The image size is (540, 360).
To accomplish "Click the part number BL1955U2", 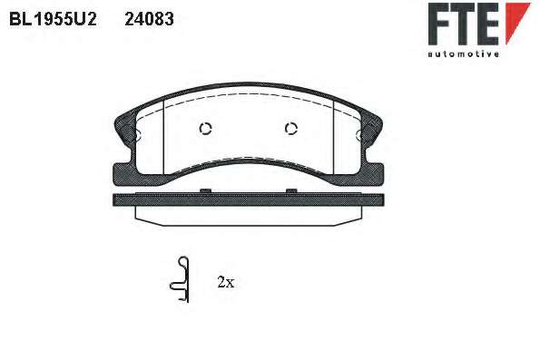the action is (x=53, y=19).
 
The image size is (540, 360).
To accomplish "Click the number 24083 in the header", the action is (x=149, y=19).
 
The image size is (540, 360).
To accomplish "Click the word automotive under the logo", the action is (x=463, y=54).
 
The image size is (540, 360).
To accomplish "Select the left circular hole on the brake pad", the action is (x=205, y=129).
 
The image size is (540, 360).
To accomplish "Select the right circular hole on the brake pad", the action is (x=291, y=129).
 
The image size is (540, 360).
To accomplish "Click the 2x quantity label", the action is (x=226, y=282).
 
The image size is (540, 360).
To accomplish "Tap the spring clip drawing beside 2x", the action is (x=180, y=280).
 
